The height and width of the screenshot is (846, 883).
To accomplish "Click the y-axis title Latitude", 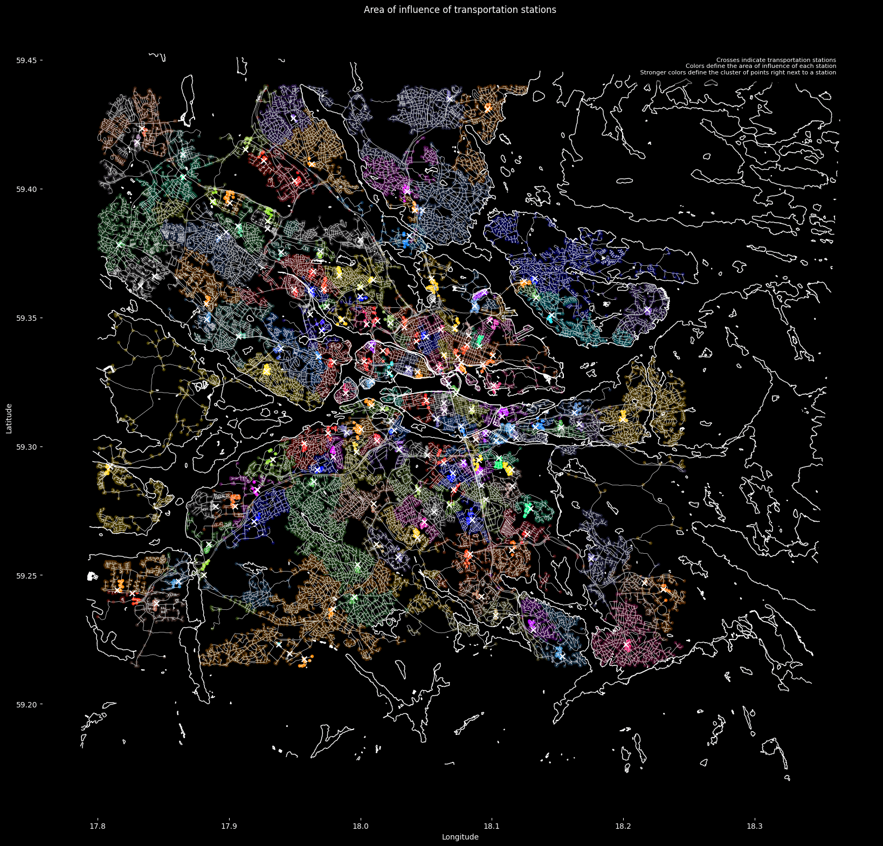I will click(x=9, y=418).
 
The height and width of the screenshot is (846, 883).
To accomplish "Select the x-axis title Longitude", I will click(x=460, y=837).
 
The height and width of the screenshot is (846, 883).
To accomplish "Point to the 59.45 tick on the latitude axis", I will click(x=26, y=60).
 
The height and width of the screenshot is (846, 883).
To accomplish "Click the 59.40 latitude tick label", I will click(x=26, y=189).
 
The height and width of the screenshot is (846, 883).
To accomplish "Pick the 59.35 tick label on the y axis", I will click(x=26, y=318).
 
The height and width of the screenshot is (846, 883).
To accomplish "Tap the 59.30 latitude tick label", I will click(x=26, y=447).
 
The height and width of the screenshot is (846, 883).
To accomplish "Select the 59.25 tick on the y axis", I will click(x=26, y=576).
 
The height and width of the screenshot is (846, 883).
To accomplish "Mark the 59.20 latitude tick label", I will click(x=26, y=705).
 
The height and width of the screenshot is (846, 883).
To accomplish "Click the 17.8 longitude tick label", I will click(x=98, y=826).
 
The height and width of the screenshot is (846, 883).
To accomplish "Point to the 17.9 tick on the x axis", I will click(x=229, y=826).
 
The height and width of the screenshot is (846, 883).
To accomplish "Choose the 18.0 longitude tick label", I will click(x=360, y=826).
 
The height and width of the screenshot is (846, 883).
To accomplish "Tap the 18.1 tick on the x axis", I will click(x=492, y=826).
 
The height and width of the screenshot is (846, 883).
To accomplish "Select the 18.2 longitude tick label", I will click(x=623, y=826).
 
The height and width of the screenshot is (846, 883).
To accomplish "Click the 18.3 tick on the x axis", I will click(x=755, y=826).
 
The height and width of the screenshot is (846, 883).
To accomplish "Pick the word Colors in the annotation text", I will click(x=694, y=66).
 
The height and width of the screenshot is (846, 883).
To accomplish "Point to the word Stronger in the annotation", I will click(x=652, y=72).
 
